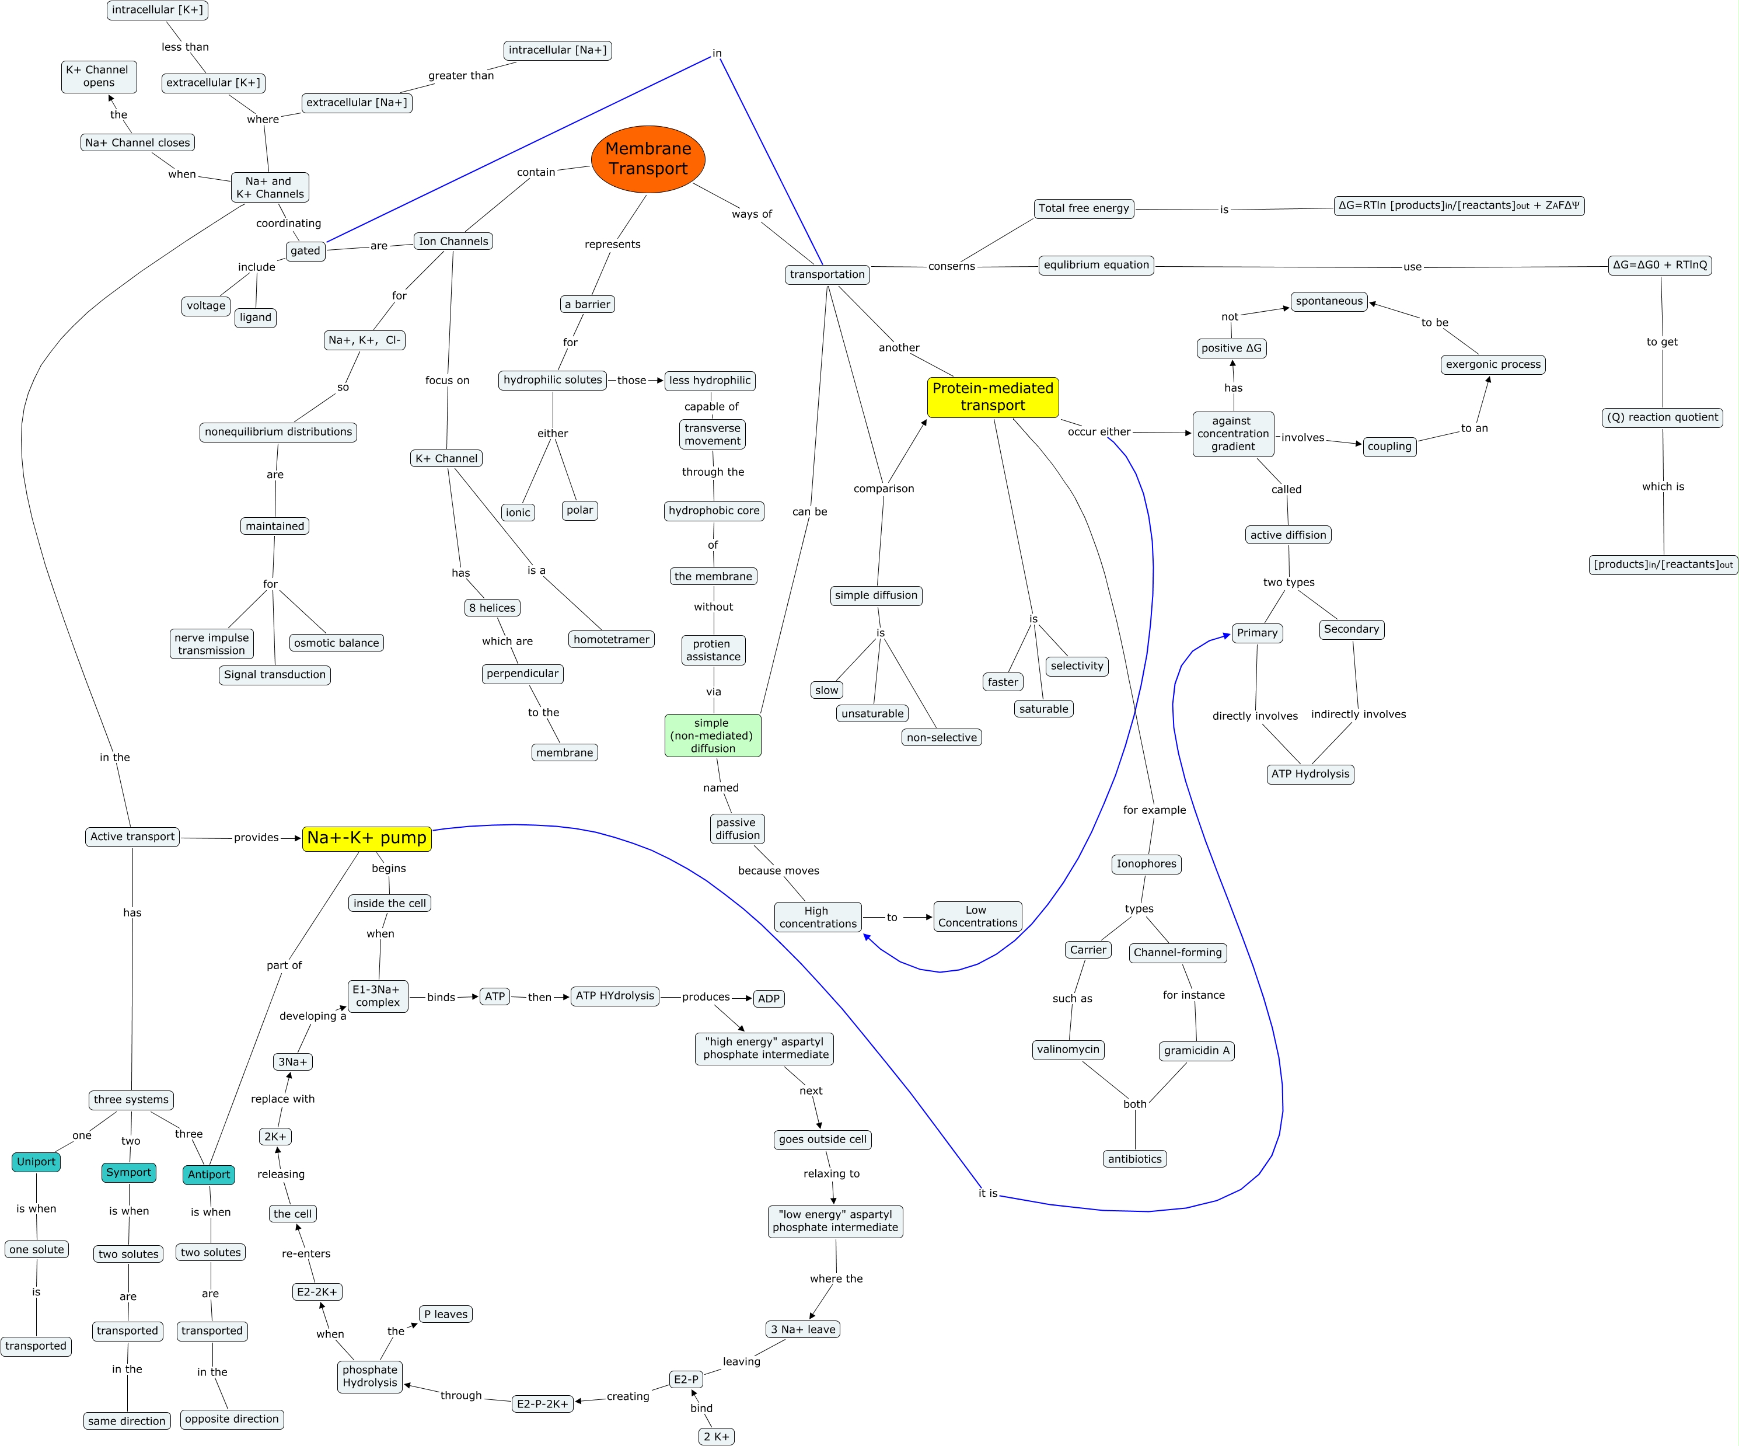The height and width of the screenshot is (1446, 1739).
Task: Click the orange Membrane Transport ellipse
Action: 648,159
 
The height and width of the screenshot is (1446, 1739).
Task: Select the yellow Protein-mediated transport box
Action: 992,397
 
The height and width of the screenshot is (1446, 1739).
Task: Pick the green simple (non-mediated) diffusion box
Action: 712,736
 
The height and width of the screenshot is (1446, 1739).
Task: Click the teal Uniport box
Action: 36,1162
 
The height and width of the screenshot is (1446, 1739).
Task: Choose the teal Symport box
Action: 128,1173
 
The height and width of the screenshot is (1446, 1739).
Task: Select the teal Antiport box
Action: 209,1175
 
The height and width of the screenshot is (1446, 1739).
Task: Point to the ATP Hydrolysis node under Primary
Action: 1310,774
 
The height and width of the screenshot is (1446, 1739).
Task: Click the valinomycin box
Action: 1068,1050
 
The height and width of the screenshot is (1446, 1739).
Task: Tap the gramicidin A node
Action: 1197,1051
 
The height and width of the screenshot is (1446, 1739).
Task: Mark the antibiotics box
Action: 1134,1159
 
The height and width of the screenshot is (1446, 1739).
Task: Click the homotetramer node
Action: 611,639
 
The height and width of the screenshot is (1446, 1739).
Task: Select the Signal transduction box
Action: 275,675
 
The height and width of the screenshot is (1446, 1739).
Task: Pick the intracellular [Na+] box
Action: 557,51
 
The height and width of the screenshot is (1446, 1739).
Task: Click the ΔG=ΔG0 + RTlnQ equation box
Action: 1660,265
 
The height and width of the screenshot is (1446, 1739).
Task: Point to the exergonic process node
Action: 1493,364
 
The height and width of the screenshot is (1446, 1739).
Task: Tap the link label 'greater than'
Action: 460,75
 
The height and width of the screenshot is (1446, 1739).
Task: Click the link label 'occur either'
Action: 1098,431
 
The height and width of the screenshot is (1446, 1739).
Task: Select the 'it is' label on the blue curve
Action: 988,1193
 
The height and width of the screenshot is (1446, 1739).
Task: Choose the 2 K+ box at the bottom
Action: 716,1437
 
